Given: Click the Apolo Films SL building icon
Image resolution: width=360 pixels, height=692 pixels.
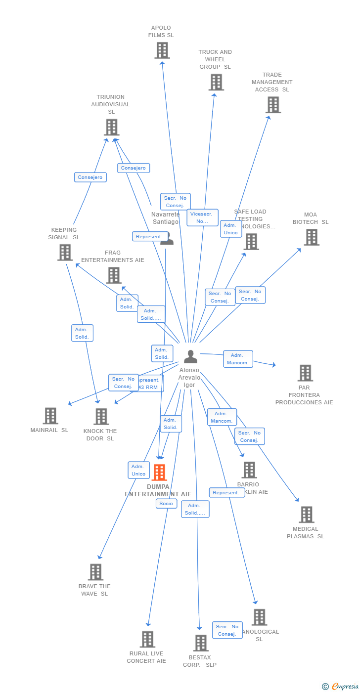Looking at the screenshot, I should [x=162, y=50].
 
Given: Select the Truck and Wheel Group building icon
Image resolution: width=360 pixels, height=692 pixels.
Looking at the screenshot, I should [x=216, y=82].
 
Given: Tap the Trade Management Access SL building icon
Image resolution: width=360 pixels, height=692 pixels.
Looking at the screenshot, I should [x=273, y=105].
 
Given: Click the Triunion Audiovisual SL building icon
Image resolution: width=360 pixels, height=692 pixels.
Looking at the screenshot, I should [x=112, y=127].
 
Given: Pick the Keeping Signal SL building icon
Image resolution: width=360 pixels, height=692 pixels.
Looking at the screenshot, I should [x=65, y=252].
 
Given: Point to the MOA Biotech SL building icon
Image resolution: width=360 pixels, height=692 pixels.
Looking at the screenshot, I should [x=311, y=237].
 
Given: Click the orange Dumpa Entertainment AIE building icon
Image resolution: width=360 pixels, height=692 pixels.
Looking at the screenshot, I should [x=159, y=473].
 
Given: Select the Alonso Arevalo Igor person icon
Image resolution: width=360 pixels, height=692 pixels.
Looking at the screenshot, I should [x=190, y=356].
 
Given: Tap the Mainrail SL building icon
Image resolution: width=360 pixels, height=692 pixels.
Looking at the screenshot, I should [x=50, y=416].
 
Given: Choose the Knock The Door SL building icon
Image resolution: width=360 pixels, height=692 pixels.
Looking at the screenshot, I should [x=101, y=416].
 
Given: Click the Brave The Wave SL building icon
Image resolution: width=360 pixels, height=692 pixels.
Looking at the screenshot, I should [x=95, y=572].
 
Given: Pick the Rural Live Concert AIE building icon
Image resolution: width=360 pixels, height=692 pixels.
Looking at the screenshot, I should [x=147, y=639].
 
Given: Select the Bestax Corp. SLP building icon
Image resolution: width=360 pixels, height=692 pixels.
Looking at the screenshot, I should [x=200, y=643].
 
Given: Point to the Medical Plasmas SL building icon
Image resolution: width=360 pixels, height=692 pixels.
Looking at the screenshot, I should [x=306, y=515].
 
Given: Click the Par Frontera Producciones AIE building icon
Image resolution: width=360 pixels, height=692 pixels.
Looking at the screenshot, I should [x=305, y=373].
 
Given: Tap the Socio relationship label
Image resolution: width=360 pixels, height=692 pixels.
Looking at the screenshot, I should [x=166, y=504].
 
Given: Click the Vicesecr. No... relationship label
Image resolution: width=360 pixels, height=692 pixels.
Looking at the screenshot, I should [x=202, y=217].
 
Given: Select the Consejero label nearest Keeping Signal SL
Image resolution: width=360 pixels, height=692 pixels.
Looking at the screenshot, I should [x=90, y=177].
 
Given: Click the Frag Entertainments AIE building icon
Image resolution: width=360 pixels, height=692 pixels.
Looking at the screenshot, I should [x=114, y=275].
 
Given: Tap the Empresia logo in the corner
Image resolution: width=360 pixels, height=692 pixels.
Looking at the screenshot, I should [x=344, y=686].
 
